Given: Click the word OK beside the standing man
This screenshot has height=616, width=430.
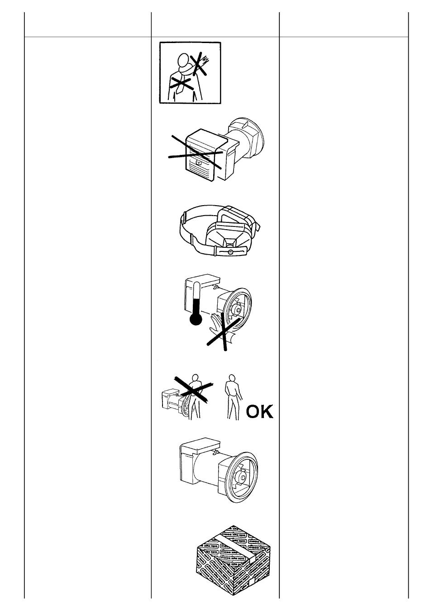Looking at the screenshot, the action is point(259,411).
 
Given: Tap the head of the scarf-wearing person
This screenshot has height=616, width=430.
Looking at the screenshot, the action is point(183,60).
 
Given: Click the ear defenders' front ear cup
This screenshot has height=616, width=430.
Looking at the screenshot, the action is point(229,235).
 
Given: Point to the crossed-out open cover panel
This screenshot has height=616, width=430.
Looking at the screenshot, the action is point(200,156).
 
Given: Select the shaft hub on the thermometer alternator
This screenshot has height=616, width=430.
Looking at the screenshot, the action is point(236,310).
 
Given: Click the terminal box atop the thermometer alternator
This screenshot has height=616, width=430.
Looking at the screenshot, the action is point(202,283).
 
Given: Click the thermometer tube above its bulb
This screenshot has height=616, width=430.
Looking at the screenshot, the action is point(196,299).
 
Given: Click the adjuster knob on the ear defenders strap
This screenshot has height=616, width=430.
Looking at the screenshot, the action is point(231,252).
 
